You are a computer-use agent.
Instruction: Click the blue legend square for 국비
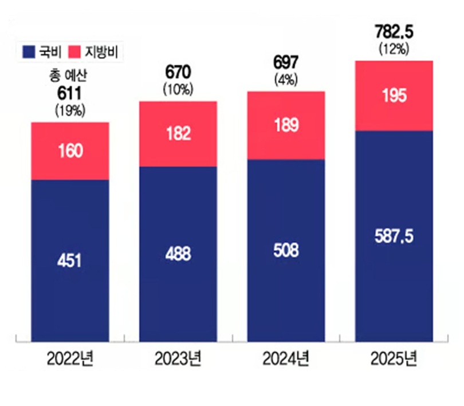(x=29, y=53)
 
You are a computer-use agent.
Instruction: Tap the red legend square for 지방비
(x=77, y=53)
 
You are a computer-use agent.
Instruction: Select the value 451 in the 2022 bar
(x=70, y=260)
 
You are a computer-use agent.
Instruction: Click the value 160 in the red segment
(x=70, y=151)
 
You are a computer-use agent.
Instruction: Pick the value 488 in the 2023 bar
(x=178, y=254)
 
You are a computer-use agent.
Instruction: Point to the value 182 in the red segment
(x=178, y=134)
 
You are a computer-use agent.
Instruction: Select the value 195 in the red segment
(x=394, y=96)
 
